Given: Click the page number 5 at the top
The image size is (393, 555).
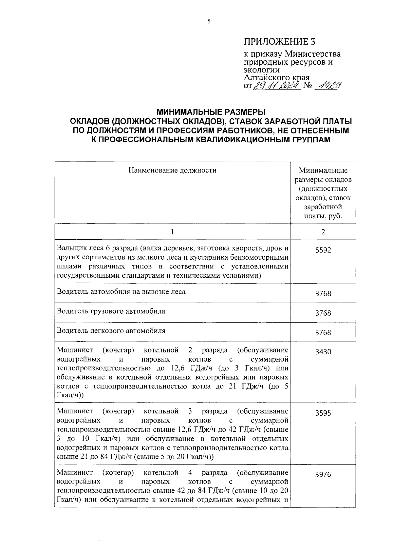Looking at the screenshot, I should (209, 22).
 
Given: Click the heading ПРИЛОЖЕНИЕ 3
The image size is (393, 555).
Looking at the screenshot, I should (281, 42).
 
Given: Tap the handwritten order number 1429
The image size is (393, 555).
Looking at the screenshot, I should (327, 86).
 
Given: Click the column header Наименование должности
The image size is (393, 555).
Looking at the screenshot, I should (172, 170).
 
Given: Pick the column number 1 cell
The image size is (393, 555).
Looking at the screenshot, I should (172, 232).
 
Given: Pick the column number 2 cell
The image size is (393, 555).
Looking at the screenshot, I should (323, 232).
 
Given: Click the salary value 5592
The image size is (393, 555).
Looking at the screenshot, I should (323, 250).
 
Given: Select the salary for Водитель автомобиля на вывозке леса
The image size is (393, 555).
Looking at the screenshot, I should (323, 294).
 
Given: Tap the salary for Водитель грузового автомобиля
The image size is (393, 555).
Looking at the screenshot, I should (323, 313).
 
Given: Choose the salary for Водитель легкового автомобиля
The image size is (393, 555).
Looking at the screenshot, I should (323, 333).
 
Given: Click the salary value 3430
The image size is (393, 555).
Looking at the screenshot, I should (323, 352).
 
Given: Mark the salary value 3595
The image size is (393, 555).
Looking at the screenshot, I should (323, 413).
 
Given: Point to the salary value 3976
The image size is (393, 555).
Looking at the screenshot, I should (323, 475).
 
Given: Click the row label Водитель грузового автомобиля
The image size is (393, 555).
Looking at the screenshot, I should (111, 311).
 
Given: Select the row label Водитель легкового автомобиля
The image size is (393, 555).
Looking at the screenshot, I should (111, 330).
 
